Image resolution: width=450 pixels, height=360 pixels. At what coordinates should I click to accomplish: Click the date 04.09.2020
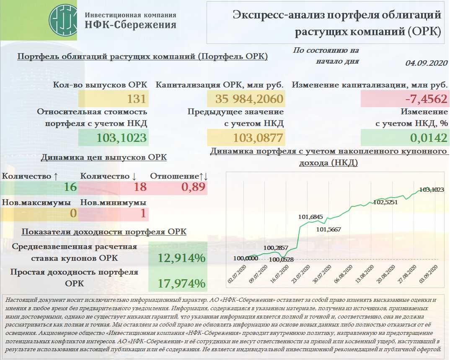pos(427,63)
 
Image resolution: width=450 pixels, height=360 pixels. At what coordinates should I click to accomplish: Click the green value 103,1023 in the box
pos(122,138)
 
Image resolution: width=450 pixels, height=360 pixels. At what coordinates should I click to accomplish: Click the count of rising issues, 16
pos(70,187)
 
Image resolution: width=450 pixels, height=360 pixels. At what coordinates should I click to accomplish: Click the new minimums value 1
pos(143,213)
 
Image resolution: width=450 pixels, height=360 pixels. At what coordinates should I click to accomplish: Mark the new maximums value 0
pos(73,213)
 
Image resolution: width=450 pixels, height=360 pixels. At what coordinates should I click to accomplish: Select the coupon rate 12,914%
pos(181,258)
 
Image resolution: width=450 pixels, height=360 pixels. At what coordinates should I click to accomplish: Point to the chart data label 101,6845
pos(310,217)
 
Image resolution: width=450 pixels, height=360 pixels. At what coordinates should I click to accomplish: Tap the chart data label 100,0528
pos(281,260)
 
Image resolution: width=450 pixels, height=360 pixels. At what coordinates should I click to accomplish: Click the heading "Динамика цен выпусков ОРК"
pos(103,157)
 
